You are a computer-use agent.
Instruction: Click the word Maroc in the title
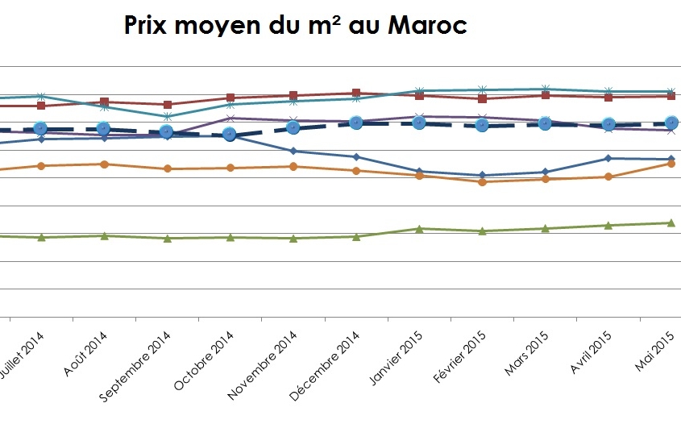pos(428,26)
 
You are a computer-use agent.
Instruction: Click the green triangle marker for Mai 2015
pos(671,222)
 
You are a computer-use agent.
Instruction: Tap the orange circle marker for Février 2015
pos(482,182)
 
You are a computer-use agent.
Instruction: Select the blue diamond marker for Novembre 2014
pos(293,151)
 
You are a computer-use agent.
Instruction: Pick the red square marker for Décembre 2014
pos(356,93)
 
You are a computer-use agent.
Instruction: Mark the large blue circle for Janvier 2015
pos(419,123)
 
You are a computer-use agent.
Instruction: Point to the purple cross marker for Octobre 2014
pos(230,118)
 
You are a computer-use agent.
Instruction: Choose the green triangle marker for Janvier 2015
pos(419,228)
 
